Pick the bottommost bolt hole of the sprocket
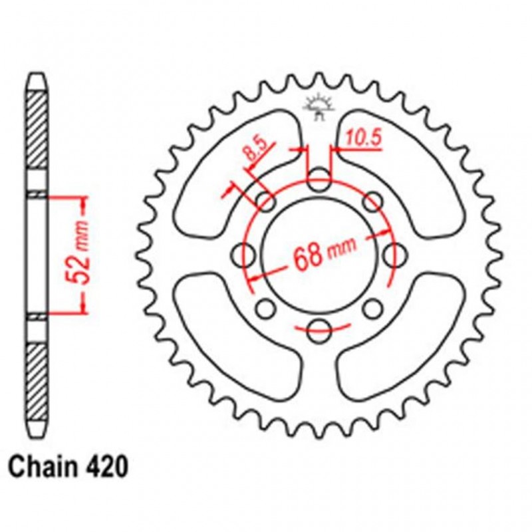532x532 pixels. pos(320,329)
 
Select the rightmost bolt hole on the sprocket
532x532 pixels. pos(396,253)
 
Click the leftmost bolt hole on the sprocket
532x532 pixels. pos(245,253)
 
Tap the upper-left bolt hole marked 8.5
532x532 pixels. pos(267,201)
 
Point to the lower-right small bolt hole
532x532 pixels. pos(374,307)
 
